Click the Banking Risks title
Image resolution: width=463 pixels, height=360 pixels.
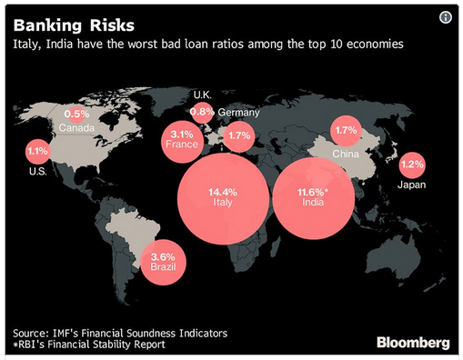74,25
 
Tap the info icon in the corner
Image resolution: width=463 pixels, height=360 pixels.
446,17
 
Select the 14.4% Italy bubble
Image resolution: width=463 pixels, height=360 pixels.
223,199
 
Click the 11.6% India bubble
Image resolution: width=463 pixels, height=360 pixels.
314,198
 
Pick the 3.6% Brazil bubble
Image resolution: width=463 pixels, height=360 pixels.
164,262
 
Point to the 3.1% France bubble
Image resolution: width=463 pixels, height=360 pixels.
182,142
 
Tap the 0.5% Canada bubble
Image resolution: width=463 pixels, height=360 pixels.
76,115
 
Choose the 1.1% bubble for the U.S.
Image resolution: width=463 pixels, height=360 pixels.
37,152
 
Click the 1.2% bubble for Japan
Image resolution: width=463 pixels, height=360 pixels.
412,165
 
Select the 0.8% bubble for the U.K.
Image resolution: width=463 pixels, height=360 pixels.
202,113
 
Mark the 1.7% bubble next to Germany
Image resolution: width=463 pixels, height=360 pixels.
239,136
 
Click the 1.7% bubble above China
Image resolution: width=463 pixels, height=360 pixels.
346,131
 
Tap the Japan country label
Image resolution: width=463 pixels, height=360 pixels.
411,185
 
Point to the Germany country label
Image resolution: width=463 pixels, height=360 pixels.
238,113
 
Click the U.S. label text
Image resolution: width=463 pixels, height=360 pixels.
38,172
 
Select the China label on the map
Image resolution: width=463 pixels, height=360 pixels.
346,154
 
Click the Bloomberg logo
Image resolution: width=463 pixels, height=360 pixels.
413,343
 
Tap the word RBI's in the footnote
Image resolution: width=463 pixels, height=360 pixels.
31,345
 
